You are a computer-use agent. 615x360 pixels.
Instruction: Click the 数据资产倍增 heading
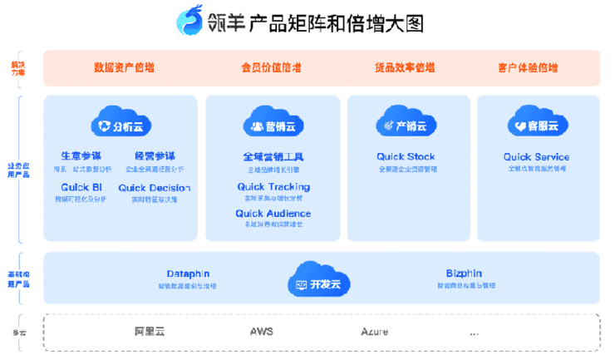[124, 68]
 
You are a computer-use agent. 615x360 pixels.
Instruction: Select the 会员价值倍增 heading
[271, 68]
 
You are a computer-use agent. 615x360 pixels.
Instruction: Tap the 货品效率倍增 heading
[405, 68]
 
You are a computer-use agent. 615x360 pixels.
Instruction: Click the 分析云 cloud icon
[121, 123]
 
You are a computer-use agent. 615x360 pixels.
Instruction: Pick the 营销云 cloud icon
[273, 123]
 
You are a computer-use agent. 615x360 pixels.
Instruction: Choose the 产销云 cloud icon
[406, 123]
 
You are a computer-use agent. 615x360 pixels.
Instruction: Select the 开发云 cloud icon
[319, 279]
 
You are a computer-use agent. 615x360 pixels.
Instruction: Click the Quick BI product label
[80, 188]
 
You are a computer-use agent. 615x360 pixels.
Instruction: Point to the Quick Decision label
[154, 188]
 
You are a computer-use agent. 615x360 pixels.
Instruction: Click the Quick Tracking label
[273, 187]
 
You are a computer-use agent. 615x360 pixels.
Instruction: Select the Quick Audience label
[273, 214]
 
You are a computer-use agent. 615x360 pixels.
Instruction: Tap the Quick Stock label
[406, 156]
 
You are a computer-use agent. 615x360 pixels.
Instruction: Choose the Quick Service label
[537, 156]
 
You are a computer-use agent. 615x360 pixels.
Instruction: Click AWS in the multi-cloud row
[262, 332]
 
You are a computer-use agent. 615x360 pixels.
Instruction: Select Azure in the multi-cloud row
[374, 332]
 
